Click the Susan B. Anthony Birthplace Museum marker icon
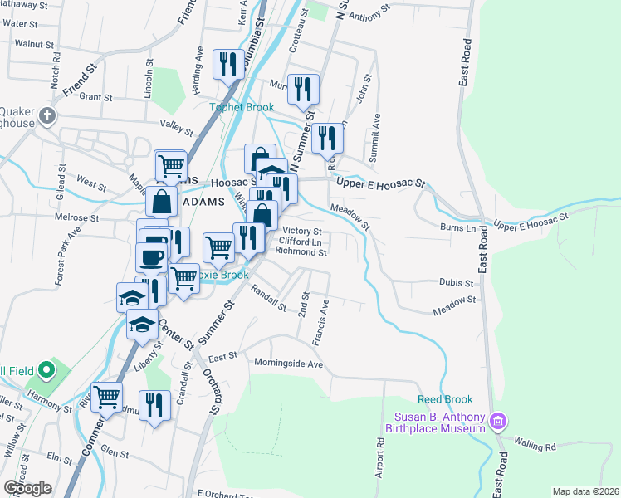click(x=498, y=422)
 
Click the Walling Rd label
click(x=534, y=447)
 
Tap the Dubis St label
click(x=455, y=282)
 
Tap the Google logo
click(x=28, y=488)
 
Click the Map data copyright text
click(x=585, y=491)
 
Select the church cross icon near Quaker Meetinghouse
click(x=47, y=116)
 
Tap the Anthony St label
click(x=370, y=16)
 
